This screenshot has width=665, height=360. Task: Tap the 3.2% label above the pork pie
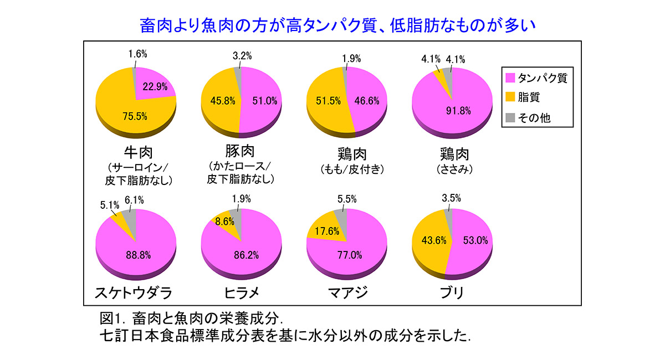[242, 55]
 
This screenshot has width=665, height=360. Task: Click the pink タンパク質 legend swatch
[510, 78]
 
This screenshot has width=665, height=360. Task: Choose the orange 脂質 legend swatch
[510, 97]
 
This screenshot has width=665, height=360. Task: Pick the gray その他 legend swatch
[510, 117]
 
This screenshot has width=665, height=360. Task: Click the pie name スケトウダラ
[134, 292]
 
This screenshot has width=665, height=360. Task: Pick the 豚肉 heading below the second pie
[240, 151]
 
